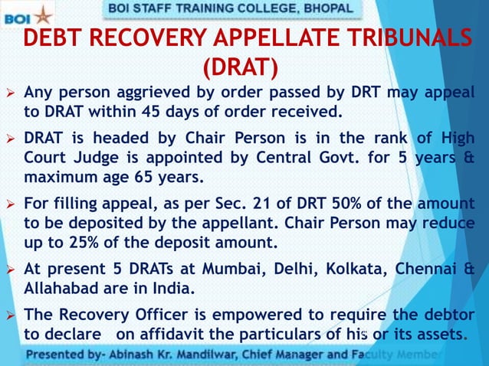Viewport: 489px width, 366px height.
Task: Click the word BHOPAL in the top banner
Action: pos(328,8)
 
